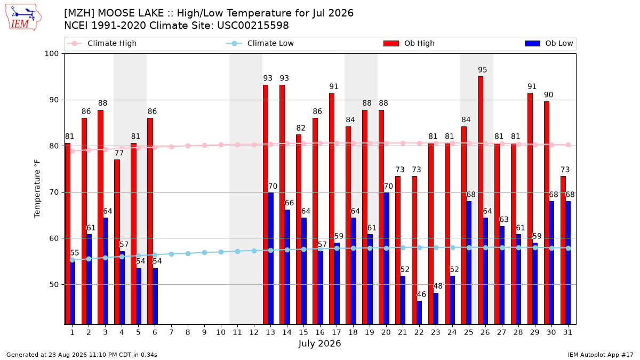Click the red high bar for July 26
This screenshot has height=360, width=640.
pos(481,201)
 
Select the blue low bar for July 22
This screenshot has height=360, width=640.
pos(419,313)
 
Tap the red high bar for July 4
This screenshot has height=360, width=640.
pos(117,242)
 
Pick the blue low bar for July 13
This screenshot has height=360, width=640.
pos(270,258)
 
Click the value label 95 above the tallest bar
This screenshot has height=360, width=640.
pos(483,70)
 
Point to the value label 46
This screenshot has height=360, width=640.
pos(421,294)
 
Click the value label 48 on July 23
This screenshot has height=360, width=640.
pos(438,286)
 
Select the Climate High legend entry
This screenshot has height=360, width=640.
pos(101,43)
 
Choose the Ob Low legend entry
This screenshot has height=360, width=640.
pos(549,43)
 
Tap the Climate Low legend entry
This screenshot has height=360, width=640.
pos(260,43)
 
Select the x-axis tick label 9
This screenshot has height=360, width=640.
pos(204,332)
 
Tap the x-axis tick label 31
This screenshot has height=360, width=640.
pos(567,332)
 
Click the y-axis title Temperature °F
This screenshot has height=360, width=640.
pos(37,189)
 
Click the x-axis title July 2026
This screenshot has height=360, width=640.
pos(319,343)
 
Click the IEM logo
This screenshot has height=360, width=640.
pos(23,18)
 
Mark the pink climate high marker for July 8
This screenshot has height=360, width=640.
pos(188,146)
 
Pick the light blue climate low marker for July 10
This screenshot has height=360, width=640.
pos(221,252)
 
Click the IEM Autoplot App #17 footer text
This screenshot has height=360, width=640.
pos(601,355)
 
